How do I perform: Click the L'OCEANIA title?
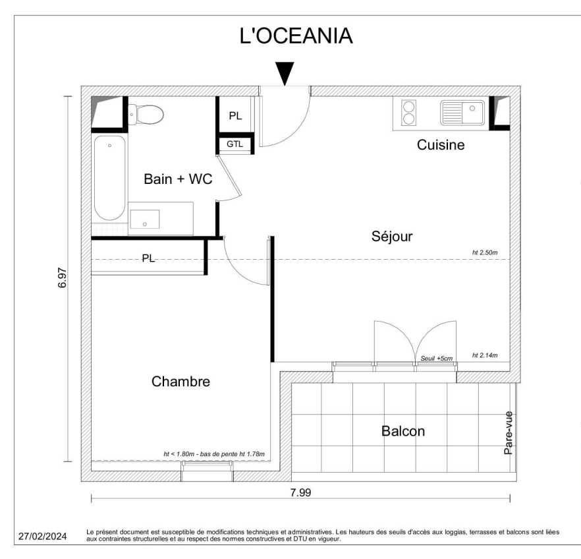click(x=296, y=36)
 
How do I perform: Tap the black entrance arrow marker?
click(x=285, y=73)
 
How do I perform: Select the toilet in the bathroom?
click(x=146, y=114)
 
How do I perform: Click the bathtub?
click(x=109, y=178)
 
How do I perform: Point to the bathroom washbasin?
click(x=145, y=220)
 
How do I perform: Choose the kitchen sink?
click(x=462, y=112)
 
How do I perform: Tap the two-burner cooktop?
click(x=408, y=113)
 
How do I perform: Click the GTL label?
click(x=235, y=144)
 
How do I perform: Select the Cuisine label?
click(x=441, y=144)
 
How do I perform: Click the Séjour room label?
click(x=392, y=237)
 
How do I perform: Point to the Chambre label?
click(x=180, y=382)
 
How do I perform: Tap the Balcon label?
click(x=403, y=431)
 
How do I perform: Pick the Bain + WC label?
click(x=178, y=179)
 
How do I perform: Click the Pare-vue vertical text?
click(x=509, y=433)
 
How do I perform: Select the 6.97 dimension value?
click(x=62, y=278)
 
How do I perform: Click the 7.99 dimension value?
click(x=300, y=492)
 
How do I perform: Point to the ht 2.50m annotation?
click(x=485, y=252)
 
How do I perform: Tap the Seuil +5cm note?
click(x=437, y=359)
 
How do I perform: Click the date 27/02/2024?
click(x=43, y=536)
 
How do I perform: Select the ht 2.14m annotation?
click(x=485, y=355)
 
